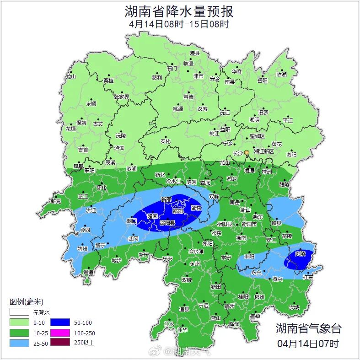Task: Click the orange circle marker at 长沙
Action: [247, 152]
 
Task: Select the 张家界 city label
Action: [122, 97]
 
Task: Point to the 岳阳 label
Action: [262, 81]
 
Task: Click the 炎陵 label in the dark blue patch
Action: [300, 253]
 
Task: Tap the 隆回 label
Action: [152, 216]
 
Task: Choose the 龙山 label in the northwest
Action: [70, 77]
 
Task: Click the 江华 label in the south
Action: [183, 329]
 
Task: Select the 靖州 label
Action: [82, 249]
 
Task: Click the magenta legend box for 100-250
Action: [60, 333]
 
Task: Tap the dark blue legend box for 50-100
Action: [60, 322]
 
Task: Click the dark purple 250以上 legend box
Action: [60, 343]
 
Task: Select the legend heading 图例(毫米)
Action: [26, 302]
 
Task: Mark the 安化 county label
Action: [165, 141]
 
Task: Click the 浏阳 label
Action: [291, 155]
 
